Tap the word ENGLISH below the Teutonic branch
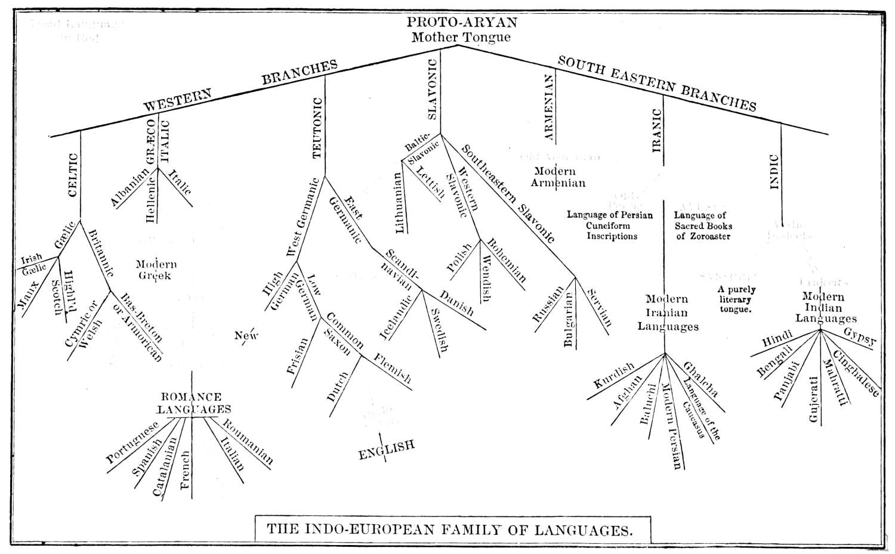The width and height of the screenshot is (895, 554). click(386, 450)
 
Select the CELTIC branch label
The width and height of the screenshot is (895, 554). click(73, 175)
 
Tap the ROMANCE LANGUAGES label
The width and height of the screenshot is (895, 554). click(193, 403)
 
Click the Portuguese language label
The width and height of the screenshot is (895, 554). click(132, 442)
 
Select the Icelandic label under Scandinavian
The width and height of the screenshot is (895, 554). click(396, 316)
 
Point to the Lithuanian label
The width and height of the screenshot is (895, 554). click(399, 203)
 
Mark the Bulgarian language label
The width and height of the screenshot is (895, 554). click(568, 320)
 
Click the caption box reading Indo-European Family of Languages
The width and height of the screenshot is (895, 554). click(445, 528)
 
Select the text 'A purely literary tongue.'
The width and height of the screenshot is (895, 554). click(736, 300)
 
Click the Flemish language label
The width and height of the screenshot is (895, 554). click(393, 368)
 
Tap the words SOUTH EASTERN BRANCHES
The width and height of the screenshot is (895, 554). click(656, 83)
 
